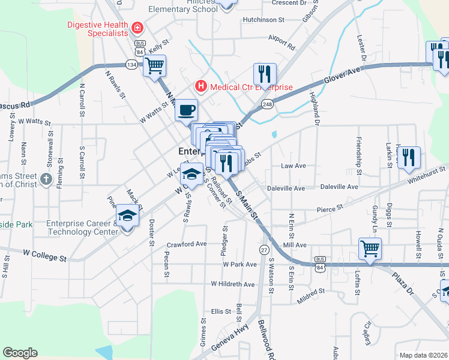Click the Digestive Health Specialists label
click(98, 29)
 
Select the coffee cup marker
click(186, 110)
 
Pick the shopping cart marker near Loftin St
click(370, 247)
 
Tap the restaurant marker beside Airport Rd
click(265, 74)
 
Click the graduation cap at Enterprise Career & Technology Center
click(127, 215)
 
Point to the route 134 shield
click(131, 64)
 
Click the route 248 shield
click(267, 104)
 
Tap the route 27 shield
click(264, 249)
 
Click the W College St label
click(45, 257)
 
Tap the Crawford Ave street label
click(187, 244)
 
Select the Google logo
click(20, 353)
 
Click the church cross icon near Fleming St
click(46, 179)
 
